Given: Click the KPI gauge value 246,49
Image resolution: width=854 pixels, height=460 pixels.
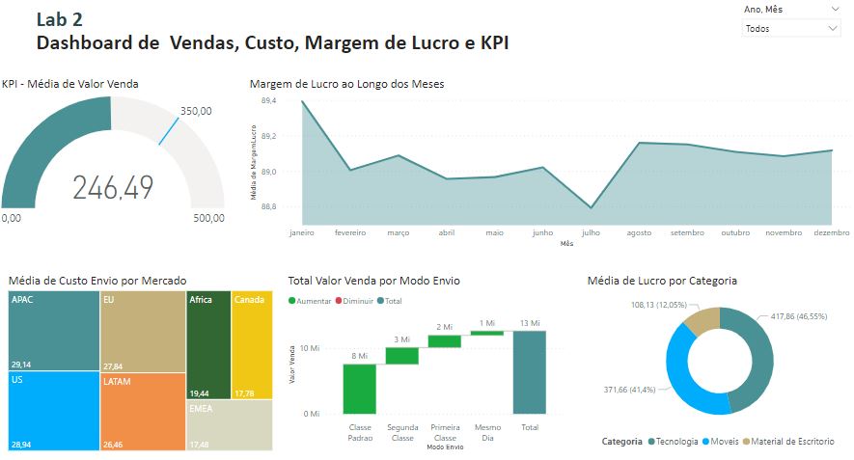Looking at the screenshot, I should [x=113, y=187].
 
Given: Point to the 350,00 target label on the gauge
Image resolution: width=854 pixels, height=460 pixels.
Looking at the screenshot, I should [x=196, y=111].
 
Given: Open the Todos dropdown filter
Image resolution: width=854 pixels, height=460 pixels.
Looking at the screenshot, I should [x=791, y=29].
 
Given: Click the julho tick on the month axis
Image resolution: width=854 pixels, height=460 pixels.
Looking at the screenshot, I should [x=591, y=232].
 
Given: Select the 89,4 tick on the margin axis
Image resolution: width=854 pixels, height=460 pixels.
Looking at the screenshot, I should [x=268, y=100].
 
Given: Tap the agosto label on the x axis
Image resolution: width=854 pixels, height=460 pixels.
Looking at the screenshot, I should [x=638, y=232].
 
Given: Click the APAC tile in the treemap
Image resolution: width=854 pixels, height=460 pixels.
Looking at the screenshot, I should [x=53, y=332].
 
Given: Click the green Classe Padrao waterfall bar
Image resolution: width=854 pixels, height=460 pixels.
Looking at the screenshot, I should [x=359, y=389].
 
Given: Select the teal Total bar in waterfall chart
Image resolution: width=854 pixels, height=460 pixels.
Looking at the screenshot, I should [x=530, y=371].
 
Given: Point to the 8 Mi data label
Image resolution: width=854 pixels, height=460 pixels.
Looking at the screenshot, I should [x=359, y=356].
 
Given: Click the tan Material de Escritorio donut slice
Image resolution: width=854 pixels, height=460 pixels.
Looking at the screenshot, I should [x=706, y=322].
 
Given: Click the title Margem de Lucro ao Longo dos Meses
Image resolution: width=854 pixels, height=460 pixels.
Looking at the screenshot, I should [x=346, y=84].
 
